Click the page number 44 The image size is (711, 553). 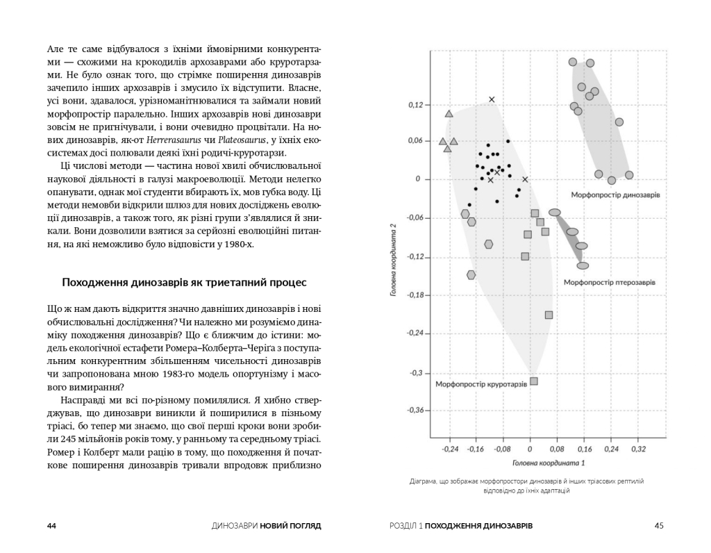(x=51, y=526)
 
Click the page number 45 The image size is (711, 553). (x=659, y=526)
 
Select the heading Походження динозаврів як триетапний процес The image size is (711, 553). (x=184, y=283)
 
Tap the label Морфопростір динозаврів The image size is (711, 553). (x=615, y=195)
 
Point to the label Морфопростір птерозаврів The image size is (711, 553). (x=609, y=282)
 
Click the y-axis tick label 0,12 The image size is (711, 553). (x=415, y=105)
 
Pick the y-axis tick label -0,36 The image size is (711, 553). (x=413, y=410)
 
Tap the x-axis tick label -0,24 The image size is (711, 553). (x=449, y=449)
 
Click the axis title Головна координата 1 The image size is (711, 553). (x=548, y=462)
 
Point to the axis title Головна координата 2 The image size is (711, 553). (x=393, y=260)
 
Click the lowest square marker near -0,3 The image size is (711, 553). (x=534, y=381)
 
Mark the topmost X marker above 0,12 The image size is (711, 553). (x=492, y=99)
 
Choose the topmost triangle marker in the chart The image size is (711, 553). (x=449, y=113)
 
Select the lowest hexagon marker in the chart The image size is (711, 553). (x=471, y=275)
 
